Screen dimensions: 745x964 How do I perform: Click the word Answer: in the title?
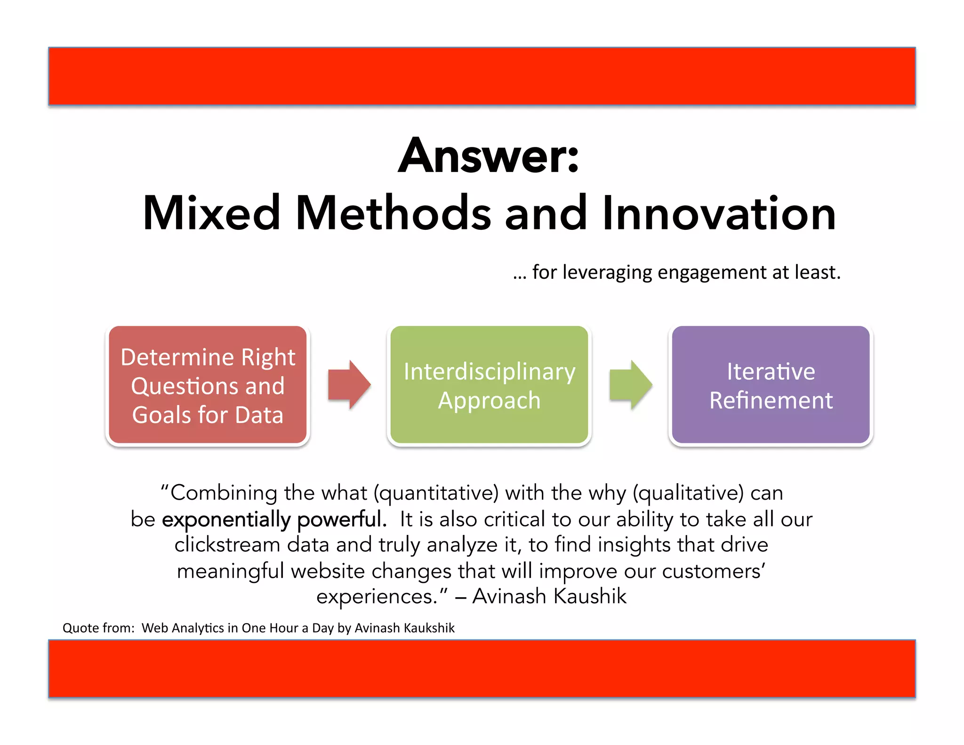coord(488,156)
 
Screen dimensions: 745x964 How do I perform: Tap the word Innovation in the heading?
coord(719,214)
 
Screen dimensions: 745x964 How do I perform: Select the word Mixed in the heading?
coord(211,214)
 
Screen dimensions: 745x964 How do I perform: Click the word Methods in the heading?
coord(393,214)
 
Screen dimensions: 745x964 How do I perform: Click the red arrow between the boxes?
coord(349,385)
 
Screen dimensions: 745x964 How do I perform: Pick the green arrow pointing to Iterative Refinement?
coord(631,385)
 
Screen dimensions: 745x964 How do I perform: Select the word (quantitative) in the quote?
coord(436,494)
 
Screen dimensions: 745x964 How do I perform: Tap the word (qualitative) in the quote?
coord(688,494)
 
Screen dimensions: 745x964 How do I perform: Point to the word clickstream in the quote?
coord(227,545)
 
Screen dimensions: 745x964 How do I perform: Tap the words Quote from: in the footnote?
coord(98,628)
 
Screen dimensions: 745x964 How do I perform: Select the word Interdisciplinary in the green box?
coord(490,372)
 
